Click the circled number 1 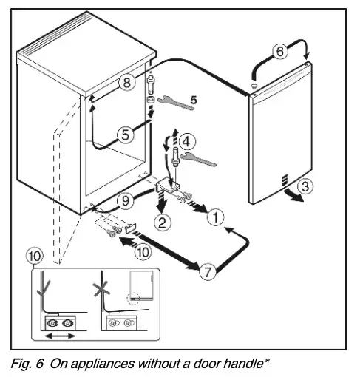pyautogui.click(x=214, y=217)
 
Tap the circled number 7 pyautogui.click(x=210, y=272)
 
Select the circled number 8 pyautogui.click(x=128, y=84)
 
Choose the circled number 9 pyautogui.click(x=126, y=200)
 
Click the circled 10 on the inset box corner pyautogui.click(x=35, y=257)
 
